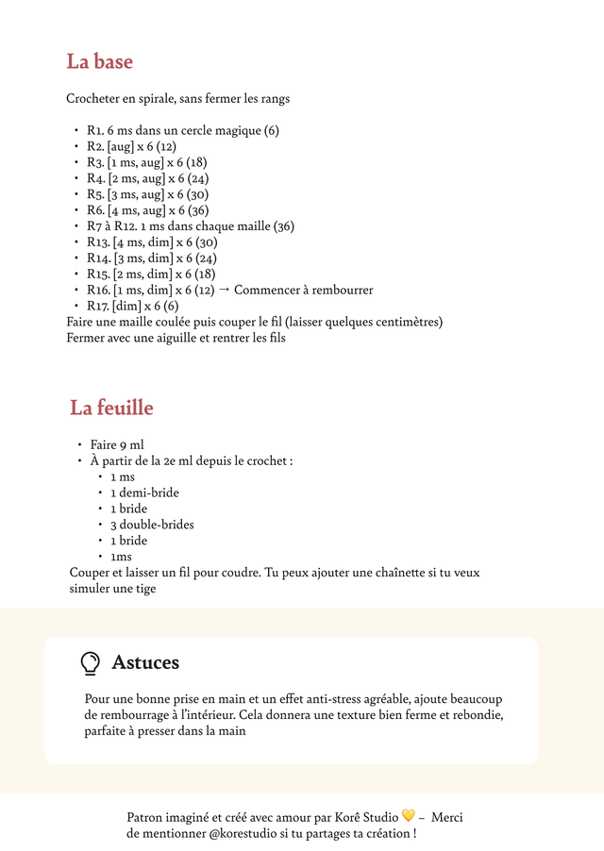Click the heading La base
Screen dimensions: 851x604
point(99,62)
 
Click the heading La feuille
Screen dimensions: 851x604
point(111,409)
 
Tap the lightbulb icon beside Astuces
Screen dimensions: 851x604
point(90,663)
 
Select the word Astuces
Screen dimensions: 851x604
point(145,663)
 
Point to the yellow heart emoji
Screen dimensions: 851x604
point(408,816)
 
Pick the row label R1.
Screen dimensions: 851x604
point(95,130)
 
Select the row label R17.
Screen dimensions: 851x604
point(98,307)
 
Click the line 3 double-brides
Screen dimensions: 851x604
point(152,525)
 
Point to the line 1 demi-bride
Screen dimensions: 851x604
point(144,492)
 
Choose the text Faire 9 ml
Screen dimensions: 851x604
point(117,444)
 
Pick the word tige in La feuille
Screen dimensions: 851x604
point(144,589)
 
